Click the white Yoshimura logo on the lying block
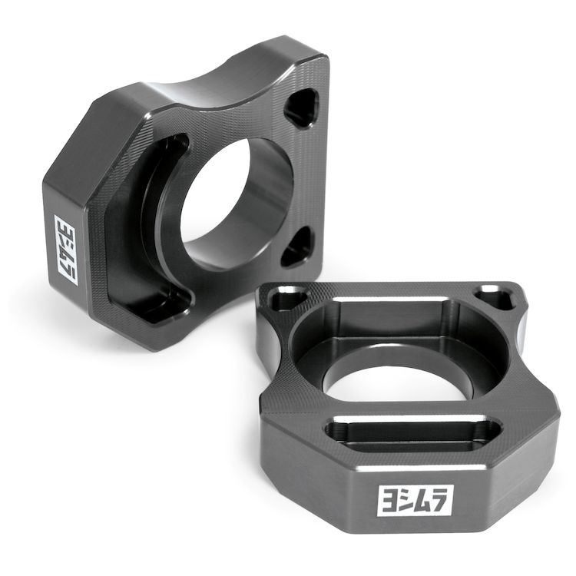pos(415,500)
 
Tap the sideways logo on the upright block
pos(66,250)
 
